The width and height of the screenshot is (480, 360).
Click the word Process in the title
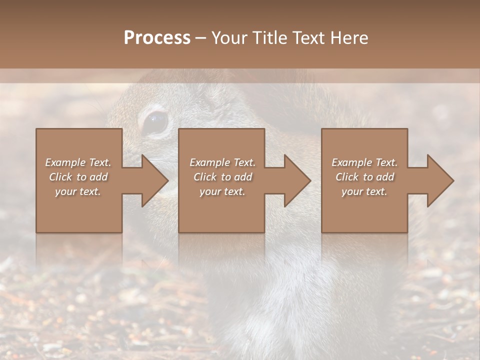(x=157, y=38)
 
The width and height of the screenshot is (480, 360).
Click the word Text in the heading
(x=308, y=38)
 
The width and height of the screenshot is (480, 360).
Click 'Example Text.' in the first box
(x=78, y=162)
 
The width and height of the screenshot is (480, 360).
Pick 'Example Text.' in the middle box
(x=222, y=162)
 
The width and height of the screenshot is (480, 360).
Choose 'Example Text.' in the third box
(x=364, y=162)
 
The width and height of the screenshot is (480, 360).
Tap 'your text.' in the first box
(x=78, y=191)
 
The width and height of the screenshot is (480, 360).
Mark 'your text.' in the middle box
(x=222, y=191)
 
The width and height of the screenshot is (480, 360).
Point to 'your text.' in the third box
(x=364, y=191)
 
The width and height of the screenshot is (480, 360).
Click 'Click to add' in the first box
(x=78, y=177)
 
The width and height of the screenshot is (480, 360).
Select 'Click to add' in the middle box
(x=222, y=177)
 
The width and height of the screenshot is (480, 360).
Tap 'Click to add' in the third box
(x=364, y=177)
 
